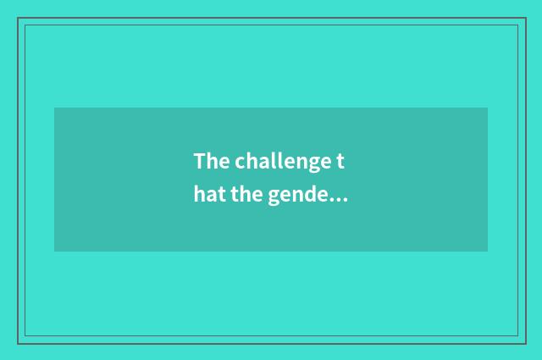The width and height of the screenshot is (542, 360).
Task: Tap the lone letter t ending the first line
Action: pyautogui.click(x=344, y=161)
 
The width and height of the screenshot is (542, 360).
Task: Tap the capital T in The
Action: pyautogui.click(x=199, y=161)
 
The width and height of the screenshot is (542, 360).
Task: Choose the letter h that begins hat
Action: pyautogui.click(x=198, y=197)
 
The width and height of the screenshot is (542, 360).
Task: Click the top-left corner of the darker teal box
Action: pyautogui.click(x=55, y=108)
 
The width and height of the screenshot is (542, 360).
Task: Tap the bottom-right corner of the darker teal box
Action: pyautogui.click(x=487, y=251)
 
